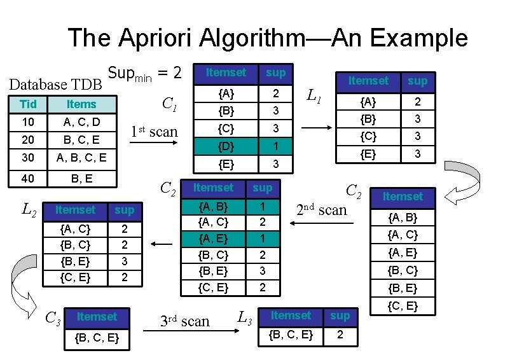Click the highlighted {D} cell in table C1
[224, 147]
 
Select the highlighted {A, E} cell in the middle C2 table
[213, 239]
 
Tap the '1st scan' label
[154, 132]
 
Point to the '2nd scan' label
[322, 209]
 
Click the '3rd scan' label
[184, 321]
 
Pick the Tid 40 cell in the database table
[27, 179]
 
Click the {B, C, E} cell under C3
[97, 338]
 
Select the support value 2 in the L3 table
[340, 335]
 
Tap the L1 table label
[314, 97]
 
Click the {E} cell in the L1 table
[368, 154]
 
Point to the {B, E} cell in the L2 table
[74, 261]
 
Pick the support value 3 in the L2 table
[125, 261]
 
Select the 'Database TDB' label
[55, 84]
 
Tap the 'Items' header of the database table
[81, 104]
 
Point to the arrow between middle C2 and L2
[162, 244]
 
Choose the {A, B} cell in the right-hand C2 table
[403, 218]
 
